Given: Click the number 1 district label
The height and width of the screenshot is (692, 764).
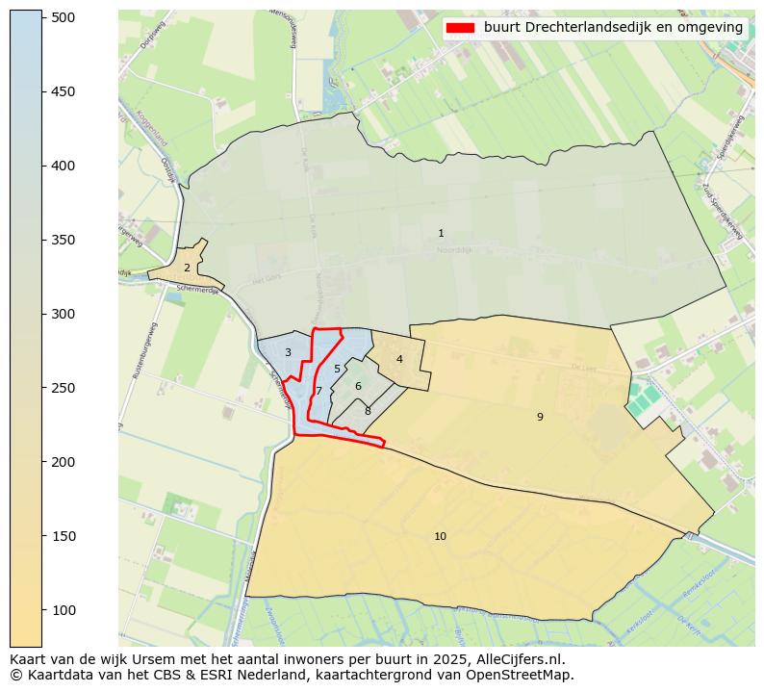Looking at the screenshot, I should click(x=441, y=234).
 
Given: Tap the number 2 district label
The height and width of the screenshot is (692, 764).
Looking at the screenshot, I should click(x=187, y=269).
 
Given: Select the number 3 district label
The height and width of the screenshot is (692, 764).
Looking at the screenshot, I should click(x=288, y=353).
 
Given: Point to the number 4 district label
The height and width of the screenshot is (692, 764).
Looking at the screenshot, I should click(x=399, y=360).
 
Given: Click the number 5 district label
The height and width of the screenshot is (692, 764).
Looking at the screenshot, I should click(x=337, y=370).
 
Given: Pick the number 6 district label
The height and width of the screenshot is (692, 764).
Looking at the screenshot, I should click(x=358, y=387).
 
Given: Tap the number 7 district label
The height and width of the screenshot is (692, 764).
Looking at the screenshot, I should click(x=318, y=392).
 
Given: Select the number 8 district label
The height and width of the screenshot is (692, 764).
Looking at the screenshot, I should click(x=368, y=412).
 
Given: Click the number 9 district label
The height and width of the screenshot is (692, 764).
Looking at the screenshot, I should click(x=540, y=417).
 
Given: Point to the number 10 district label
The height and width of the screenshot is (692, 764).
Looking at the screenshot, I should click(x=440, y=537).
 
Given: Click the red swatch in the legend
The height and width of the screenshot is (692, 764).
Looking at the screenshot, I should click(x=462, y=28).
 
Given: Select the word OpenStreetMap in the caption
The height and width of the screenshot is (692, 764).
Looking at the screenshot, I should click(x=525, y=676).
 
